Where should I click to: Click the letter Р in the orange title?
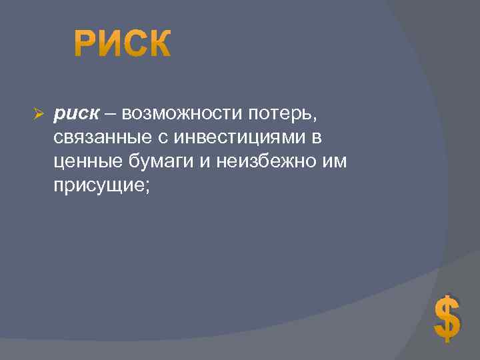85,45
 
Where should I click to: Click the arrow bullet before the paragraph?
38,115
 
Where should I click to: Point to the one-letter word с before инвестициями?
161,139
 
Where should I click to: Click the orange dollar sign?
447,319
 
